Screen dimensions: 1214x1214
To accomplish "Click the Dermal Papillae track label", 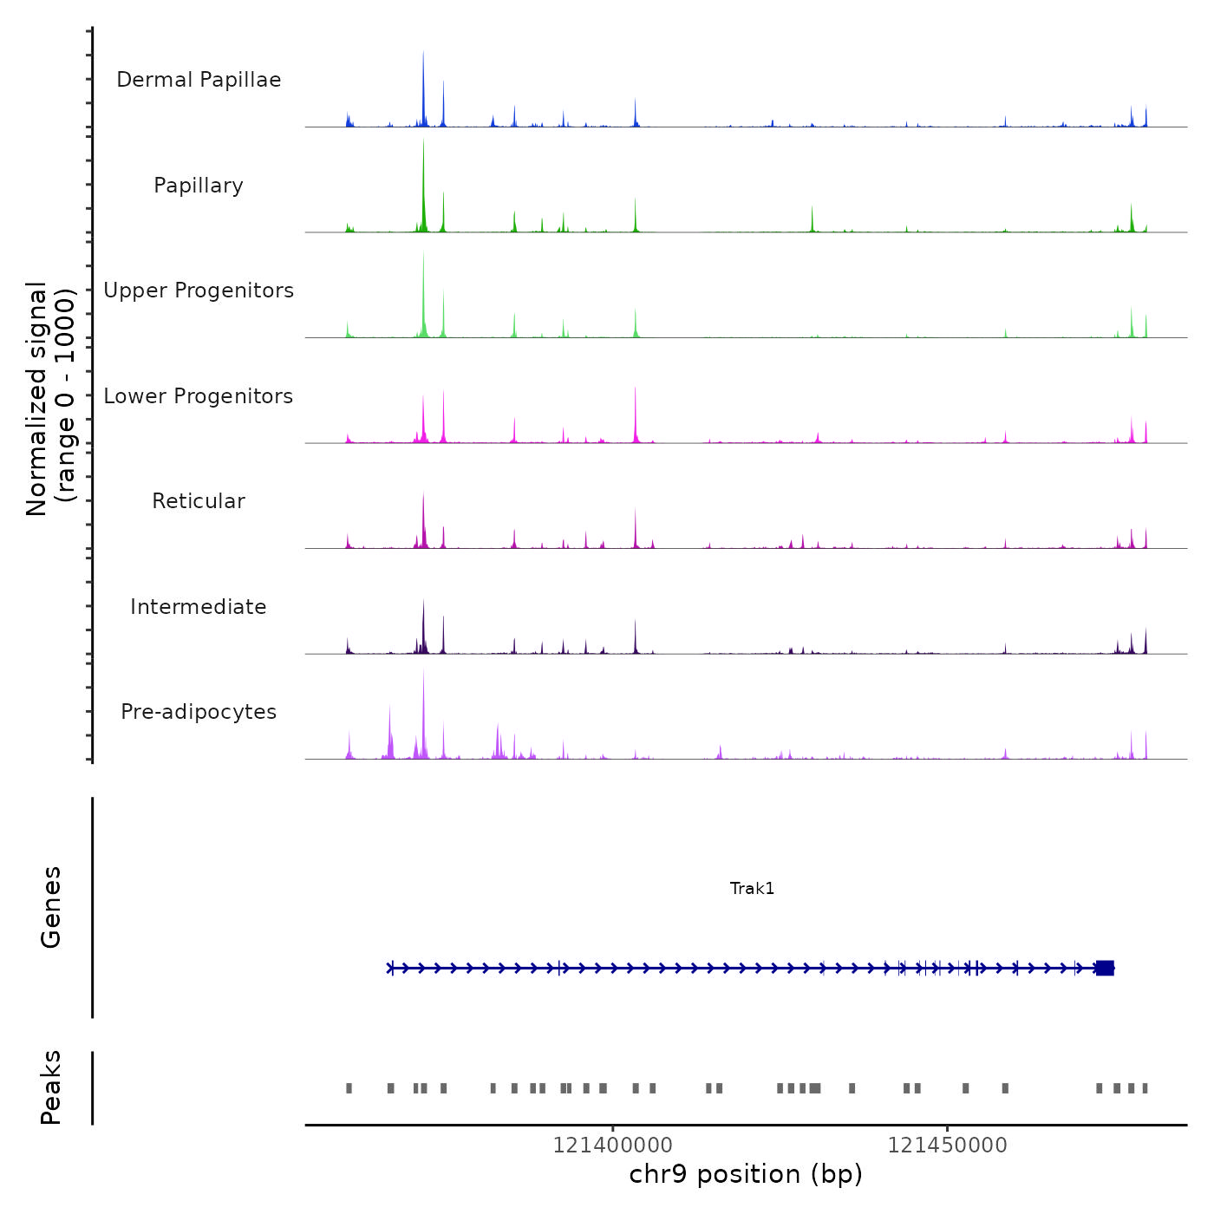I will point(199,80).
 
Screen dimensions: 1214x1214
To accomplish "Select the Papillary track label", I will point(199,186).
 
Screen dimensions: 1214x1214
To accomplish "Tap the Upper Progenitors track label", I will point(199,290).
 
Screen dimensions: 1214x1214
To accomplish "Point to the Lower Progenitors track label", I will point(199,396).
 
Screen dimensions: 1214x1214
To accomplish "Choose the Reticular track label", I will point(199,501).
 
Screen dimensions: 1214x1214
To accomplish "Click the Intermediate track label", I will point(199,607).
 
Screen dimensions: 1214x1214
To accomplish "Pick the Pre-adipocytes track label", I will point(199,712).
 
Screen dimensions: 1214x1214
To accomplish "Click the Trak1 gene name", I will point(752,889).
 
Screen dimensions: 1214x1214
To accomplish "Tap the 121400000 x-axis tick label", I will point(613,1145).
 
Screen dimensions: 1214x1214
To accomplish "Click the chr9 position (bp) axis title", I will point(746,1174).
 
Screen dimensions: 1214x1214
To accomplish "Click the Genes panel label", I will point(51,907).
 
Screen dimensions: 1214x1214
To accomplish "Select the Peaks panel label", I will point(51,1087).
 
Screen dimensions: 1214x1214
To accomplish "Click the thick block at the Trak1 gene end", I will point(1105,968).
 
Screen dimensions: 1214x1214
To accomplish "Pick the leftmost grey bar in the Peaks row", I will point(349,1088).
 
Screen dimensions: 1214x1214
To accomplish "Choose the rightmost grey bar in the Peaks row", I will point(1145,1088).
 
